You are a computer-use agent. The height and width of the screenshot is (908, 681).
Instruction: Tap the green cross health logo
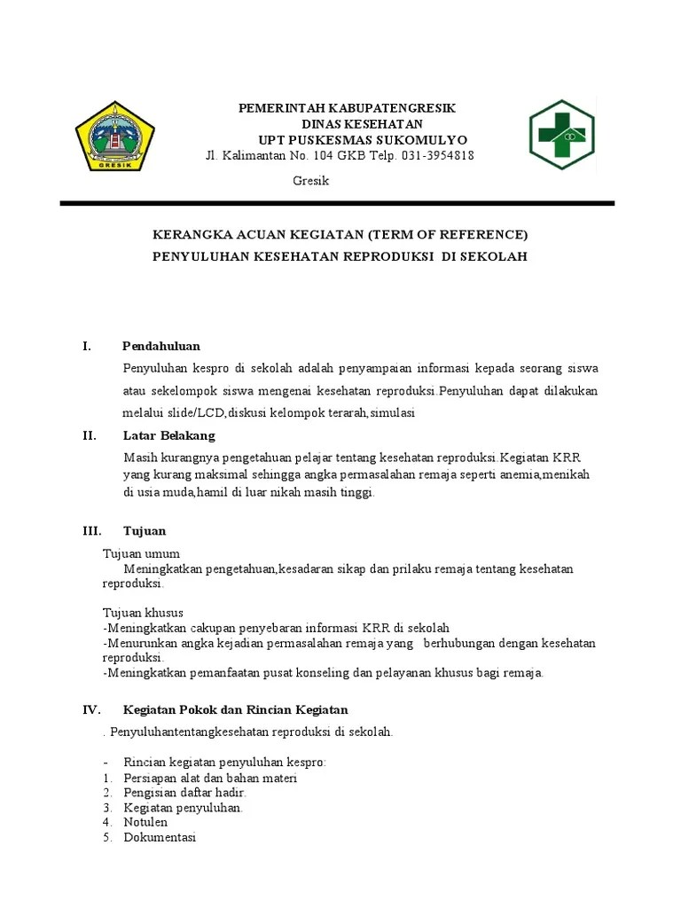click(563, 135)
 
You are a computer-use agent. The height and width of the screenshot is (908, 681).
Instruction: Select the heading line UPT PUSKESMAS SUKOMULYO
click(362, 140)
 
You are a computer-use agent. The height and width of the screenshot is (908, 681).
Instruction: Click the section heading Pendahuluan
click(160, 346)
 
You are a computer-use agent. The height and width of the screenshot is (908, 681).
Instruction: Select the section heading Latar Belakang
click(168, 435)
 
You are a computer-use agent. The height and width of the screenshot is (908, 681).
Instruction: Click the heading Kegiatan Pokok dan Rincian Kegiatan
click(235, 710)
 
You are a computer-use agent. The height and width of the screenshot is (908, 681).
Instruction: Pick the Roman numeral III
click(92, 531)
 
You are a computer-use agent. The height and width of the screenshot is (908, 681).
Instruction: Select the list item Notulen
click(145, 822)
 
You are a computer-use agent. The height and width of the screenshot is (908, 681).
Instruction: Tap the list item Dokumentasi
click(160, 837)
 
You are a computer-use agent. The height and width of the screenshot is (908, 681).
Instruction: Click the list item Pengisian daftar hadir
click(184, 792)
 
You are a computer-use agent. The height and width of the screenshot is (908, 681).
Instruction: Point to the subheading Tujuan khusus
click(143, 613)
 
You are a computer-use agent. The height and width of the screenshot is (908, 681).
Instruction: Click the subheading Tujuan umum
click(141, 553)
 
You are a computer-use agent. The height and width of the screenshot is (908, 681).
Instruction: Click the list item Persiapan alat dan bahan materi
click(210, 778)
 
